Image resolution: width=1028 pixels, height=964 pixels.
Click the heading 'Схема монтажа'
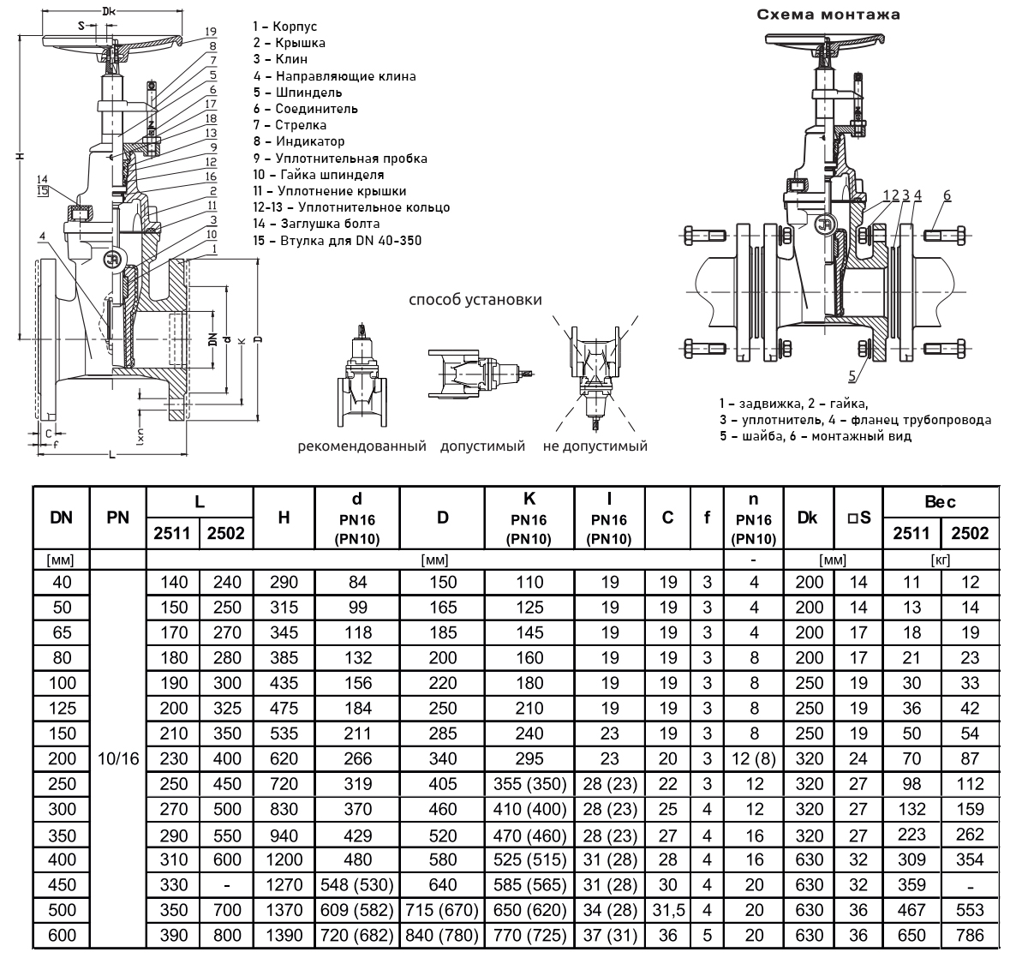click(828, 15)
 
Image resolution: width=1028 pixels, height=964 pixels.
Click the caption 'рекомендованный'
click(362, 446)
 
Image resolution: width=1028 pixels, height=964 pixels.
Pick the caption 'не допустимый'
click(595, 446)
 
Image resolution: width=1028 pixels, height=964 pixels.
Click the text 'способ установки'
click(475, 300)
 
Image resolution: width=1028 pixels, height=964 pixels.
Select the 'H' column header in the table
click(284, 518)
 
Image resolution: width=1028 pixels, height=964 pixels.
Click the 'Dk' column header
click(807, 518)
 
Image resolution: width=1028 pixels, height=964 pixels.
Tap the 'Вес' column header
click(941, 502)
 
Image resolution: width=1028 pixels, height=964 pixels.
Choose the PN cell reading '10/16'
click(119, 759)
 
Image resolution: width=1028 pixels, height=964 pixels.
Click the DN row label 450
click(62, 884)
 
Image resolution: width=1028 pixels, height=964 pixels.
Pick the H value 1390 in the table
click(284, 935)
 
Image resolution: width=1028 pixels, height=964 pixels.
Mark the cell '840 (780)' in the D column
click(442, 935)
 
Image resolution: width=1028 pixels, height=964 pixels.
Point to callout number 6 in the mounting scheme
click(947, 195)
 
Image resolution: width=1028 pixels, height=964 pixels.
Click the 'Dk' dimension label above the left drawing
click(108, 12)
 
